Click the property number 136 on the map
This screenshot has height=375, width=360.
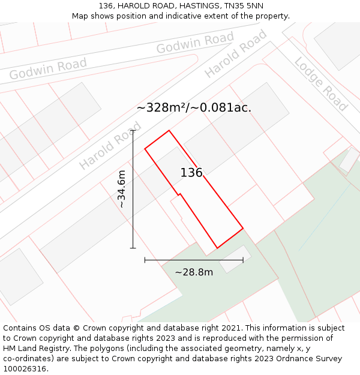pos(191,173)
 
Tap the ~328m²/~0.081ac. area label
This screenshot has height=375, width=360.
pos(194,108)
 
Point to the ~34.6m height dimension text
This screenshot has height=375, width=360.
pos(122,189)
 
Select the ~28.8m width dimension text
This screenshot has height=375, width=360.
pos(194,272)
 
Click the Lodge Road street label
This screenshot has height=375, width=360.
pos(321,85)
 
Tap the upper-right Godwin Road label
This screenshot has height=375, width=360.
pos(195,43)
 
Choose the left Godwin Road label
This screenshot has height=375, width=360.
pos(48,68)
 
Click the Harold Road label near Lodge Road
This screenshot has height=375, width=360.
pos(235,54)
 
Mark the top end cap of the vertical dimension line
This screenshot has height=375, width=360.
pos(133,130)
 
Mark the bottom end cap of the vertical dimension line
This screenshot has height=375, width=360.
pos(133,248)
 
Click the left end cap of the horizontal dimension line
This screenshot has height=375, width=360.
pos(145,260)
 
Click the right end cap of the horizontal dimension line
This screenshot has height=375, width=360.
pos(243,260)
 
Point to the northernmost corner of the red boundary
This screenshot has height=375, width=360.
pos(169,130)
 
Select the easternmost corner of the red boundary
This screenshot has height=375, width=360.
pos(243,229)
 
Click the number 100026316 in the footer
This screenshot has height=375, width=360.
pos(25,369)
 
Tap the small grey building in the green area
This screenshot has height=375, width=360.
pos(235,259)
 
